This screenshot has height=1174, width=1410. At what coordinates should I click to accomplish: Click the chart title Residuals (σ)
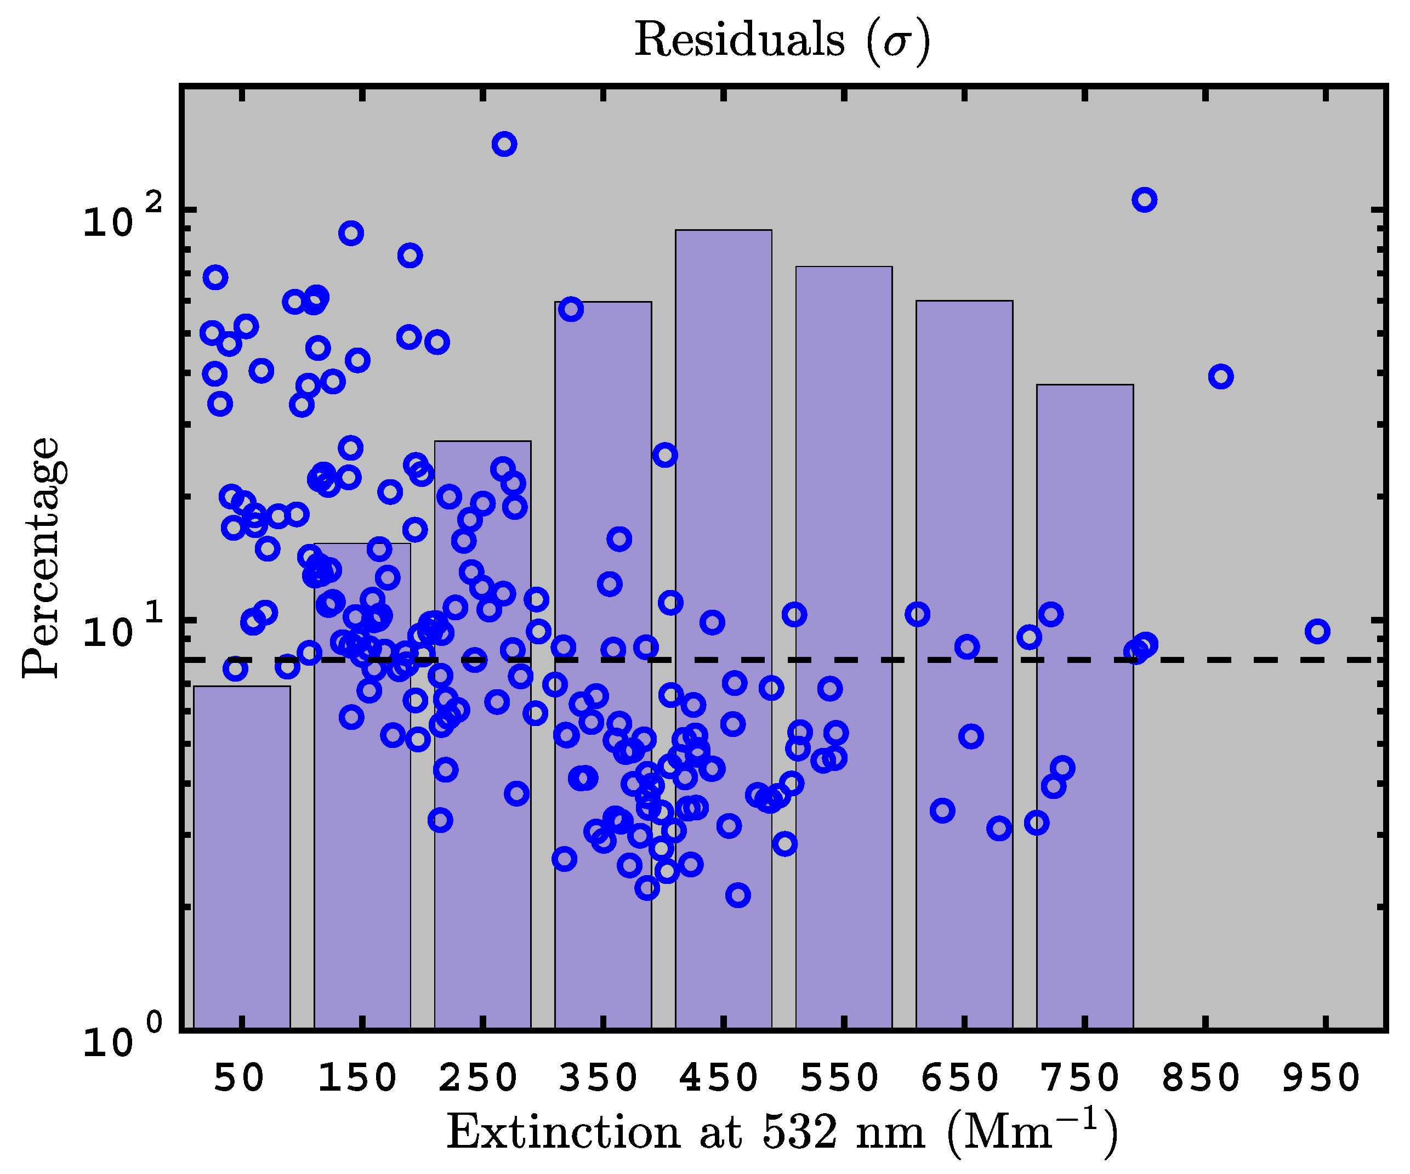point(782,40)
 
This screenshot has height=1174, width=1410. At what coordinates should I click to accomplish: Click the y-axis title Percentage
point(42,558)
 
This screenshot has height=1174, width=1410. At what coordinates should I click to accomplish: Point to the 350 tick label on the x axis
point(598,1079)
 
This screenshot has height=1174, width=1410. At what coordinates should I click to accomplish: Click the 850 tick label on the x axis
point(1201,1079)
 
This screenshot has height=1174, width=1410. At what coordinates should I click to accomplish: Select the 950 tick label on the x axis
point(1321,1079)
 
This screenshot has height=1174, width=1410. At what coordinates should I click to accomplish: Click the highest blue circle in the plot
point(504,144)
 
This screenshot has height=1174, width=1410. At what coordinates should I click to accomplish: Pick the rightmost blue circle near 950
point(1318,631)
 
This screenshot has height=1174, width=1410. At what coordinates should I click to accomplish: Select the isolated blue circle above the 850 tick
point(1221,377)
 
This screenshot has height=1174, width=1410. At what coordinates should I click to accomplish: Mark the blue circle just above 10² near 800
point(1144,200)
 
